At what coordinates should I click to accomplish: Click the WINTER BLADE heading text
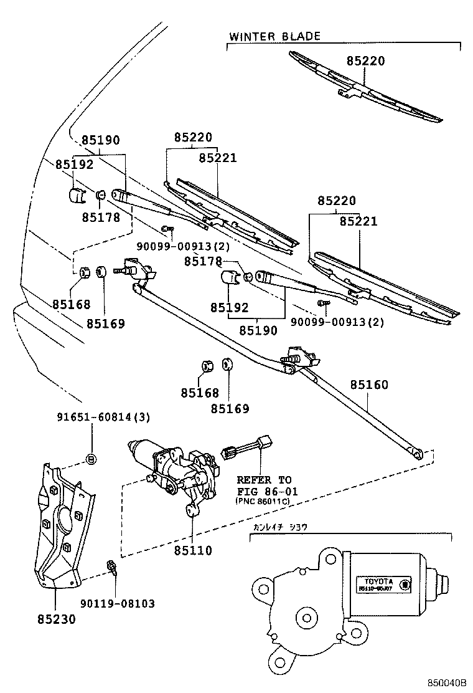pos(274,36)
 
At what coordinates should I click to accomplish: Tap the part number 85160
pos(368,385)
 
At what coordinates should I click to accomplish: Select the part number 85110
pos(193,551)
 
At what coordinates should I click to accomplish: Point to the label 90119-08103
pos(118,603)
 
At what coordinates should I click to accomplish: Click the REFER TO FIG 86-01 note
pos(264,485)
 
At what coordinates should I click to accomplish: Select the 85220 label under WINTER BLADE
pos(366,61)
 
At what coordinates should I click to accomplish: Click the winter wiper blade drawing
pos(367,87)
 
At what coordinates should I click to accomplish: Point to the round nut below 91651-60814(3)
pos(91,460)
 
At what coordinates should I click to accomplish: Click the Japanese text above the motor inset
pos(279,527)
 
